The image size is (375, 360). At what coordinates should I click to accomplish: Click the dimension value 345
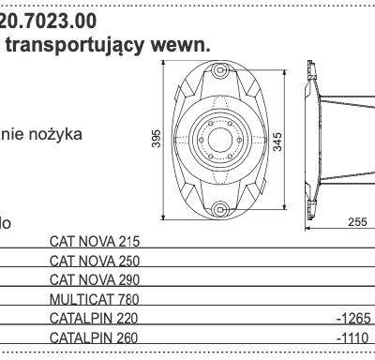[x=277, y=141]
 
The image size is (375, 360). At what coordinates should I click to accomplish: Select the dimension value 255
[x=356, y=223]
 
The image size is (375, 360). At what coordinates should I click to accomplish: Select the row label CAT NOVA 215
[x=93, y=241]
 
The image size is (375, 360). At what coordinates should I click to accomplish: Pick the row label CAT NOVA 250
[x=93, y=261]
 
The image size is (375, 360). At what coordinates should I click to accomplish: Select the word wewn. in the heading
[x=178, y=43]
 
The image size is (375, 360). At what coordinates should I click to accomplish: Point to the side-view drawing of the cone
[x=342, y=141]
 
